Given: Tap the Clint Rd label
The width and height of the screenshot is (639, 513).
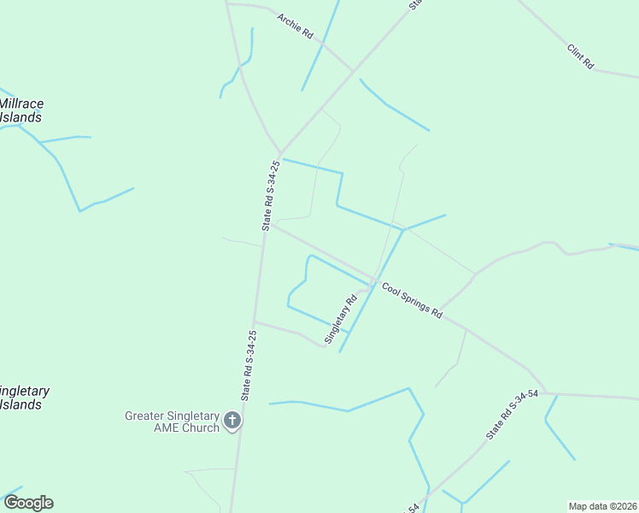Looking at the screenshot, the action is (581, 56).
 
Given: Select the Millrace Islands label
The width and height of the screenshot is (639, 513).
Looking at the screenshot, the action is (21, 110).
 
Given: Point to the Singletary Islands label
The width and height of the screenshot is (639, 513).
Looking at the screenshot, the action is (23, 398).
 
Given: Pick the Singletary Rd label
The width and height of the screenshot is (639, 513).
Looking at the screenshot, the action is (339, 321).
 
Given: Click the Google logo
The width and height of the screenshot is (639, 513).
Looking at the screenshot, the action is (28, 503).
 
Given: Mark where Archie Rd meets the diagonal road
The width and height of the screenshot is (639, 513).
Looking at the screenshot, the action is (352, 70).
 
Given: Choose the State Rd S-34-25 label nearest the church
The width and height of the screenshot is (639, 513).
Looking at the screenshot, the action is (248, 366).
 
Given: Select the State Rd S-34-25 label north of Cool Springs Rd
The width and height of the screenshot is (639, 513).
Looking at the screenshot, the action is (271, 195).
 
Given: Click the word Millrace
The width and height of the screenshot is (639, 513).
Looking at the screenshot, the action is (21, 103).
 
